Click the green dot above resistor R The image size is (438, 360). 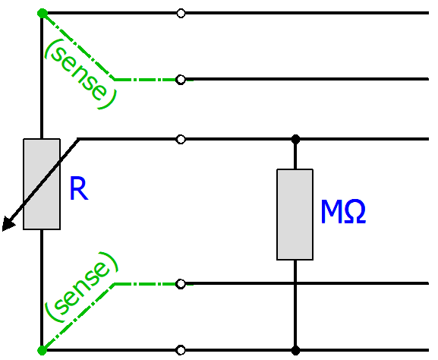[42, 13]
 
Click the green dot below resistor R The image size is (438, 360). [42, 350]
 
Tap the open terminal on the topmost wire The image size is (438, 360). [181, 13]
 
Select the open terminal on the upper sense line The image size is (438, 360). [181, 79]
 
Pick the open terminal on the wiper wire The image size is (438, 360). [181, 139]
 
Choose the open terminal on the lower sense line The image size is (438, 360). [181, 284]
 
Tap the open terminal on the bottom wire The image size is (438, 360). [181, 350]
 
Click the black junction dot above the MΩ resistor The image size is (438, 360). [295, 139]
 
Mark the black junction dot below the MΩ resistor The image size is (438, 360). [295, 350]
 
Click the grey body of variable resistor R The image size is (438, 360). [42, 184]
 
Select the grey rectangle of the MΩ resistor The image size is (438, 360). [295, 215]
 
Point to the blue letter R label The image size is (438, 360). [78, 189]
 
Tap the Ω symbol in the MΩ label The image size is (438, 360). [355, 213]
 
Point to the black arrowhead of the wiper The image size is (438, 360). [8, 223]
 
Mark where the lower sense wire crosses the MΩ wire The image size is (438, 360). [295, 284]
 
